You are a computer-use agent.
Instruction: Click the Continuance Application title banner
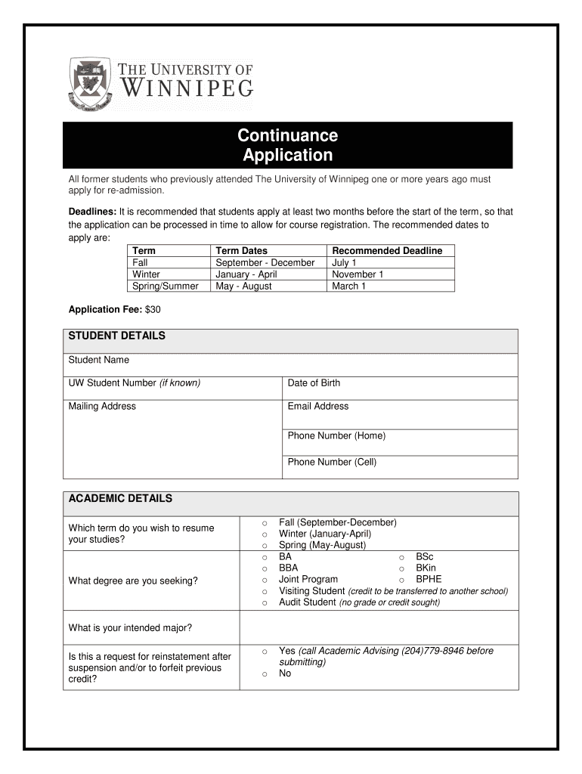[287, 145]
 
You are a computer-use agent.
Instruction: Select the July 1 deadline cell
[345, 262]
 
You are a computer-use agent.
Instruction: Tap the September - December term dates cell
[265, 262]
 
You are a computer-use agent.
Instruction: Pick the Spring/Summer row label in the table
[165, 286]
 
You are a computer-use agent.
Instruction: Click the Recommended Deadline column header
[387, 251]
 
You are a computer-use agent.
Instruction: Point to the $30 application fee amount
[153, 310]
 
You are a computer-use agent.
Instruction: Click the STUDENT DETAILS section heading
[116, 336]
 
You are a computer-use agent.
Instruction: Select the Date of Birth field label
[314, 383]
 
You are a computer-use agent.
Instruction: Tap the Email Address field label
[317, 407]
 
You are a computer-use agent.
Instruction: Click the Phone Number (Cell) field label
[332, 462]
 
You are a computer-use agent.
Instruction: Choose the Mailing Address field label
[102, 407]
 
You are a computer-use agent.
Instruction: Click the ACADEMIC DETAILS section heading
[120, 499]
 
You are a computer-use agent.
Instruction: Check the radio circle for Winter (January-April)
[265, 534]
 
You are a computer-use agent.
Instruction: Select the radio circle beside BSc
[402, 557]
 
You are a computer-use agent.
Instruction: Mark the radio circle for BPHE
[402, 580]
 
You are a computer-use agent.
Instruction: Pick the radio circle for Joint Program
[265, 580]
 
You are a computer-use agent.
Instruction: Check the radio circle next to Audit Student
[265, 603]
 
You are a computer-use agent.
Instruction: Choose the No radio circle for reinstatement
[265, 674]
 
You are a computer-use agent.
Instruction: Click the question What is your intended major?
[130, 628]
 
